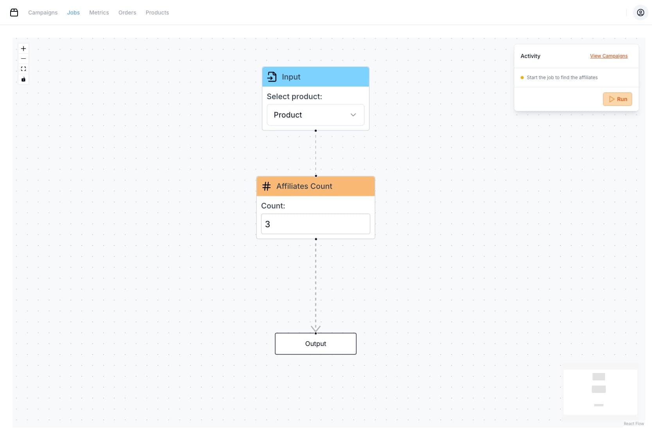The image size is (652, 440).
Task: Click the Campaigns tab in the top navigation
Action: (x=43, y=13)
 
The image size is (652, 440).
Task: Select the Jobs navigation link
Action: (x=74, y=13)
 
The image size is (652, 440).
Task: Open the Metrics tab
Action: (x=99, y=13)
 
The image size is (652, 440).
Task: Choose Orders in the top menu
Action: (x=127, y=13)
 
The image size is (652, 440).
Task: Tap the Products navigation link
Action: (x=157, y=13)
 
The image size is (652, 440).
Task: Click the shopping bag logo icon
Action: (x=14, y=13)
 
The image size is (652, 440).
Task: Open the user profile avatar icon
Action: (x=640, y=13)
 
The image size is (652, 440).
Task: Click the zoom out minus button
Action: (x=23, y=59)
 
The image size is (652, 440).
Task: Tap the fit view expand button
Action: (x=23, y=69)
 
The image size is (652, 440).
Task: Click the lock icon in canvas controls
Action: (x=23, y=79)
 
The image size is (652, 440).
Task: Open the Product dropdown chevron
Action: (x=353, y=115)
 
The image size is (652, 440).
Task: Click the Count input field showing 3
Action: (x=316, y=224)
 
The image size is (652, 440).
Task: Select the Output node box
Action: (x=316, y=344)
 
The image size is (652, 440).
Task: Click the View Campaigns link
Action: (x=609, y=56)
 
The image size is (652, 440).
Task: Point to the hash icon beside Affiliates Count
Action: (x=266, y=187)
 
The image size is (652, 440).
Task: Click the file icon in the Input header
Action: (x=272, y=77)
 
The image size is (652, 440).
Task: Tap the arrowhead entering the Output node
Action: (x=316, y=329)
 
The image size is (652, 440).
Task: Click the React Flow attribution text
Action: (x=634, y=424)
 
